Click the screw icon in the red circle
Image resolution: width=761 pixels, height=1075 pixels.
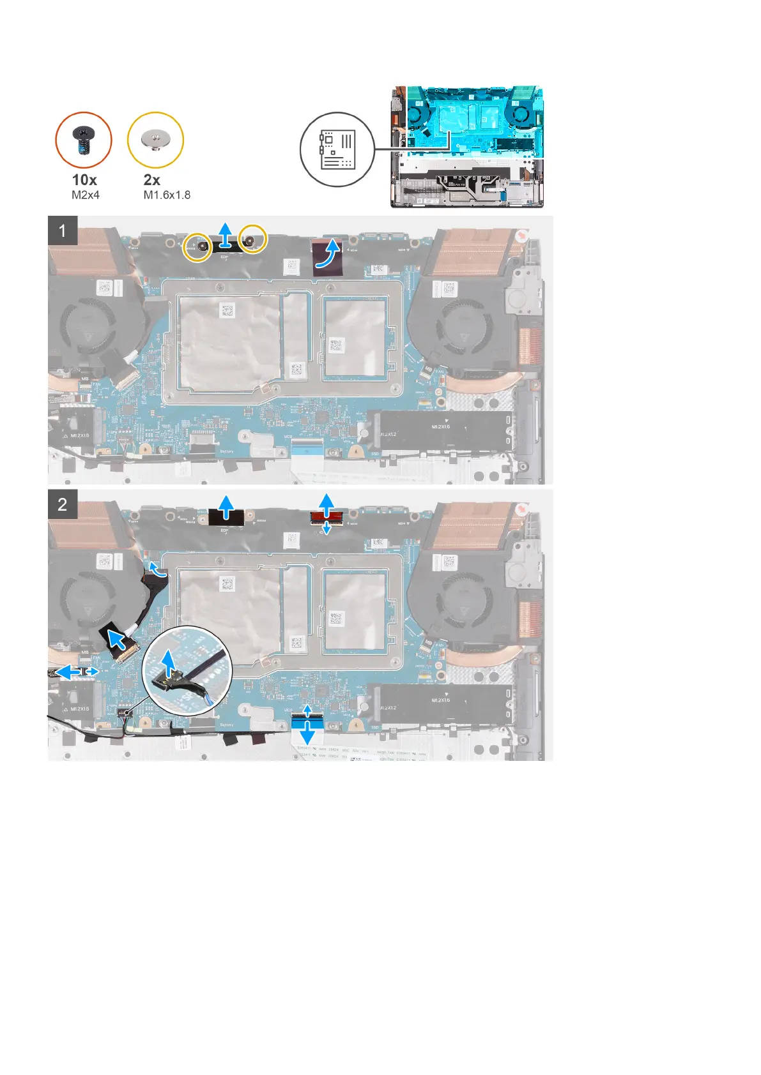point(84,140)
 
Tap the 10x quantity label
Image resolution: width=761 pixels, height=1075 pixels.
point(84,180)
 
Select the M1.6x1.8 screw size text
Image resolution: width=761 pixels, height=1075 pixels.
point(167,195)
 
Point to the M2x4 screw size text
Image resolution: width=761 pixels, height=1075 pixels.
point(86,195)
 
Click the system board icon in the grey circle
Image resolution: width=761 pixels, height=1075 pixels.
point(337,150)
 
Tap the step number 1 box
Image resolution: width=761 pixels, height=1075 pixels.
point(63,230)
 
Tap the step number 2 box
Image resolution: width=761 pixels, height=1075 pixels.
point(63,504)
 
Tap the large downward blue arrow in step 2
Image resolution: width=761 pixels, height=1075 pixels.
point(307,733)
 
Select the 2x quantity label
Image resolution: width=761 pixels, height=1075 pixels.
point(152,180)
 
